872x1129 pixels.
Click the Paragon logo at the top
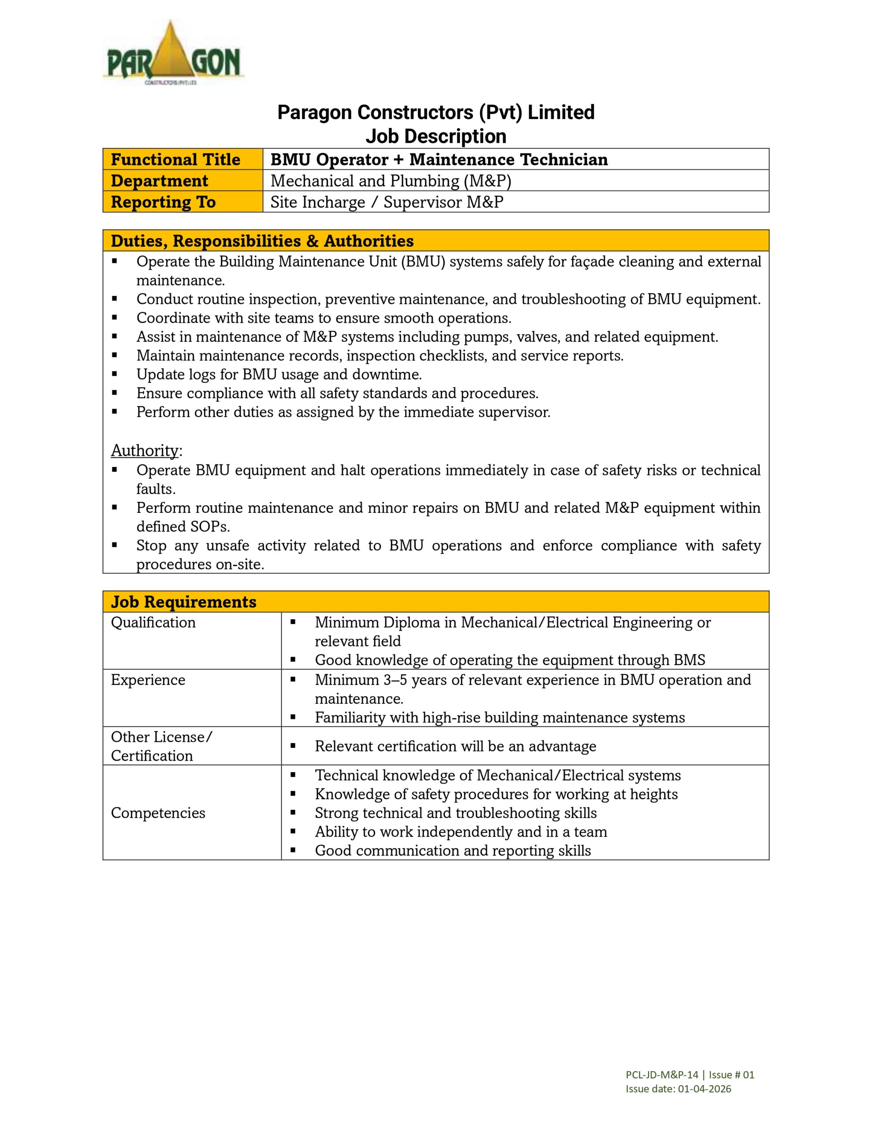pos(174,53)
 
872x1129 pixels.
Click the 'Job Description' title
pos(436,136)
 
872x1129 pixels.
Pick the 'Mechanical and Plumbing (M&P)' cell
pos(391,181)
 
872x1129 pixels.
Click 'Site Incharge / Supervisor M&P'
pos(387,202)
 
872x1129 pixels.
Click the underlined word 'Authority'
pos(145,451)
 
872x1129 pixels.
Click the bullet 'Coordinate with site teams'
pos(324,318)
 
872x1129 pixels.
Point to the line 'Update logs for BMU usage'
pos(279,374)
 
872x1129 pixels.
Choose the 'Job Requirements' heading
pos(183,602)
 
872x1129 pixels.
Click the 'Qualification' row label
pos(153,622)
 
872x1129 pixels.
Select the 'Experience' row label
pos(148,680)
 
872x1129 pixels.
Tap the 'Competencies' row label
pos(158,813)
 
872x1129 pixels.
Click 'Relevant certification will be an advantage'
pos(455,746)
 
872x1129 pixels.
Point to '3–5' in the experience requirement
pos(395,680)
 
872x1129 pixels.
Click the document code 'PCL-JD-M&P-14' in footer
pos(662,1075)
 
